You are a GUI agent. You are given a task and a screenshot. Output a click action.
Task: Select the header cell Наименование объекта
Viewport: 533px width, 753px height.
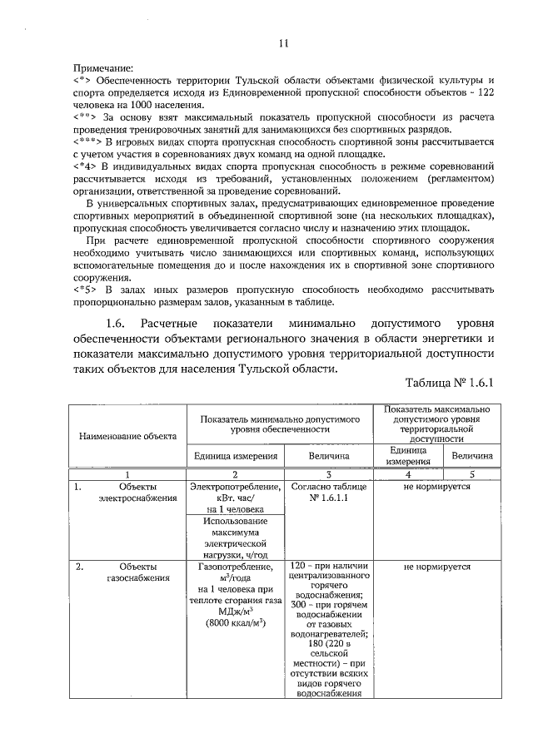[127, 435]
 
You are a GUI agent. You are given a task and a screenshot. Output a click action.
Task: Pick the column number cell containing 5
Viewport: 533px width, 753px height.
[472, 473]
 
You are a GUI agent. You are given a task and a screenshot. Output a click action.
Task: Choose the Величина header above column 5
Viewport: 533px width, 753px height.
[472, 455]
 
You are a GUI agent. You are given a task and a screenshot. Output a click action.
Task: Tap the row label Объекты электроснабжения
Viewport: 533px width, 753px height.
[137, 492]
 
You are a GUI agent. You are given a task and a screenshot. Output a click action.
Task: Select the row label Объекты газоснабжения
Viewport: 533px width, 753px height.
[137, 572]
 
